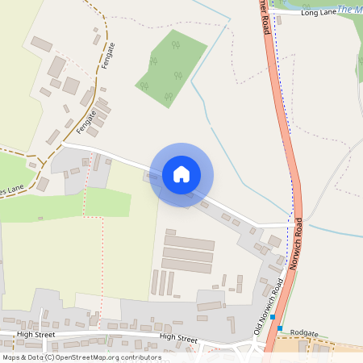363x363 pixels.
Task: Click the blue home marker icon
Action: pyautogui.click(x=181, y=173)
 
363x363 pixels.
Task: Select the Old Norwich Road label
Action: pyautogui.click(x=269, y=307)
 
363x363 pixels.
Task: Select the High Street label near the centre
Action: pyautogui.click(x=178, y=338)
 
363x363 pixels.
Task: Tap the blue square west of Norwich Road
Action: pyautogui.click(x=273, y=317)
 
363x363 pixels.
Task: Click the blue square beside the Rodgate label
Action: pyautogui.click(x=280, y=328)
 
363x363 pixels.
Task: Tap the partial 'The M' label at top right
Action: pyautogui.click(x=349, y=10)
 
